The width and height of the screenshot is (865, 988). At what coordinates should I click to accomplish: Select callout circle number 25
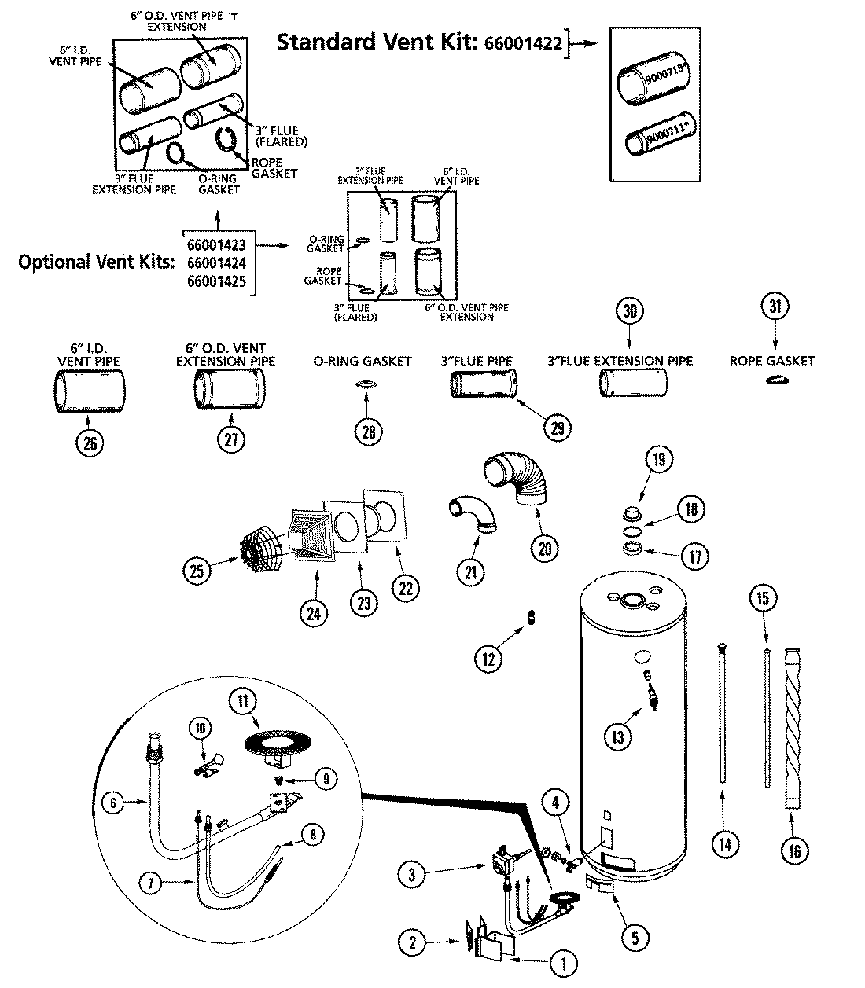197,570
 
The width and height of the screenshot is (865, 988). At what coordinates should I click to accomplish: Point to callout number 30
629,310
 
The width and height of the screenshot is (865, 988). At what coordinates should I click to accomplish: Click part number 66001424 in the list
216,262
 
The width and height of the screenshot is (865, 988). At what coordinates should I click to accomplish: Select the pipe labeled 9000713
650,82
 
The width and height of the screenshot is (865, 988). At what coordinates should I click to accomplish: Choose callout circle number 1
563,961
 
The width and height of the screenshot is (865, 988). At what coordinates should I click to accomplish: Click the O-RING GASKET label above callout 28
363,362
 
